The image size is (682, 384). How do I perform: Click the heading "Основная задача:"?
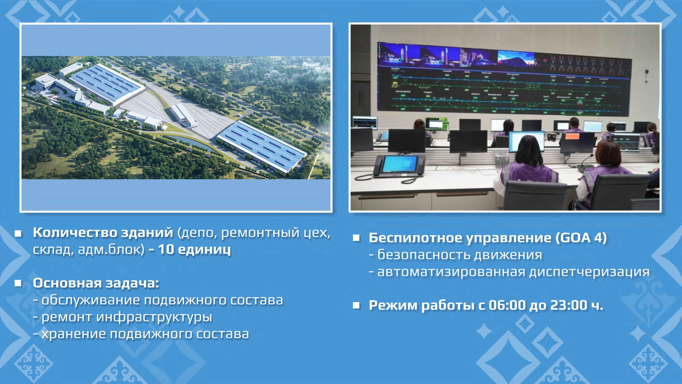pyautogui.click(x=96, y=283)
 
